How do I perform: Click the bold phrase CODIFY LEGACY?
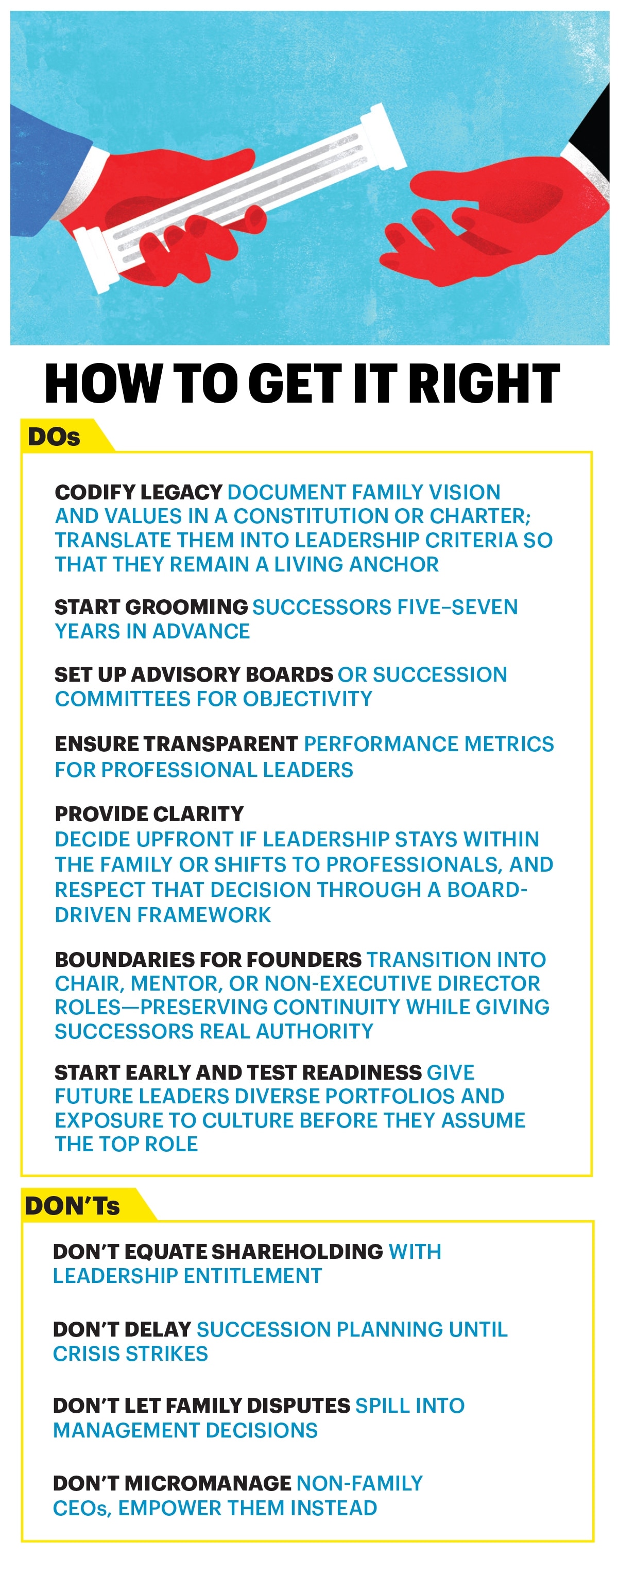[139, 492]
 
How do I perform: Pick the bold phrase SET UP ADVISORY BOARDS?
[194, 674]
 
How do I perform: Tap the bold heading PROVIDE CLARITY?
[149, 813]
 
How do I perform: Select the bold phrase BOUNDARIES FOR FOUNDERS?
[208, 959]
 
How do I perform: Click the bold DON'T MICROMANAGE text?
[172, 1483]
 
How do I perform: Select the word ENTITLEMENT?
[252, 1276]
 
